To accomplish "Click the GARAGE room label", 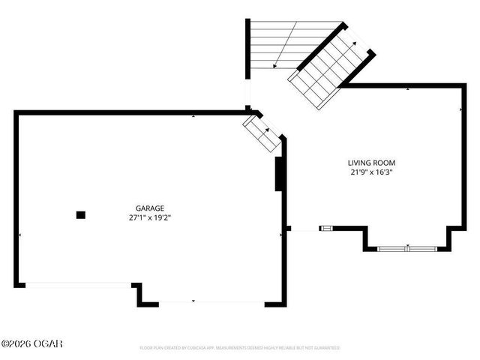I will (150, 208).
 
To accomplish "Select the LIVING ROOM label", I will (371, 163).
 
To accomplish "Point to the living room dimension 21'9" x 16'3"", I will (371, 172).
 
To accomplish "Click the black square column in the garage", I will (81, 214).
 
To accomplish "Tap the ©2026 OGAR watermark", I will (31, 343).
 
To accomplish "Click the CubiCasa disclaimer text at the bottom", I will (240, 348).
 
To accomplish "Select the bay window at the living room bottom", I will (405, 247).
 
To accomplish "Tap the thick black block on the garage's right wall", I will (279, 174).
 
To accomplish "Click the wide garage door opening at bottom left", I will (79, 285).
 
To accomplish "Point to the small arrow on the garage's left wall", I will (19, 235).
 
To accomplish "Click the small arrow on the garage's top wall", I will (193, 115).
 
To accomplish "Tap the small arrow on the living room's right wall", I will (460, 110).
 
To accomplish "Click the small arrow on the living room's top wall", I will (408, 88).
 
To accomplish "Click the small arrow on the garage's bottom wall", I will (193, 301).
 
